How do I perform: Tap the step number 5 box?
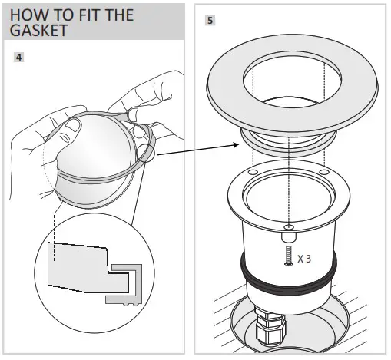click(x=209, y=21)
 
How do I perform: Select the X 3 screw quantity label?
click(x=305, y=258)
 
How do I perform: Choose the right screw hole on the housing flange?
click(x=324, y=171)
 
